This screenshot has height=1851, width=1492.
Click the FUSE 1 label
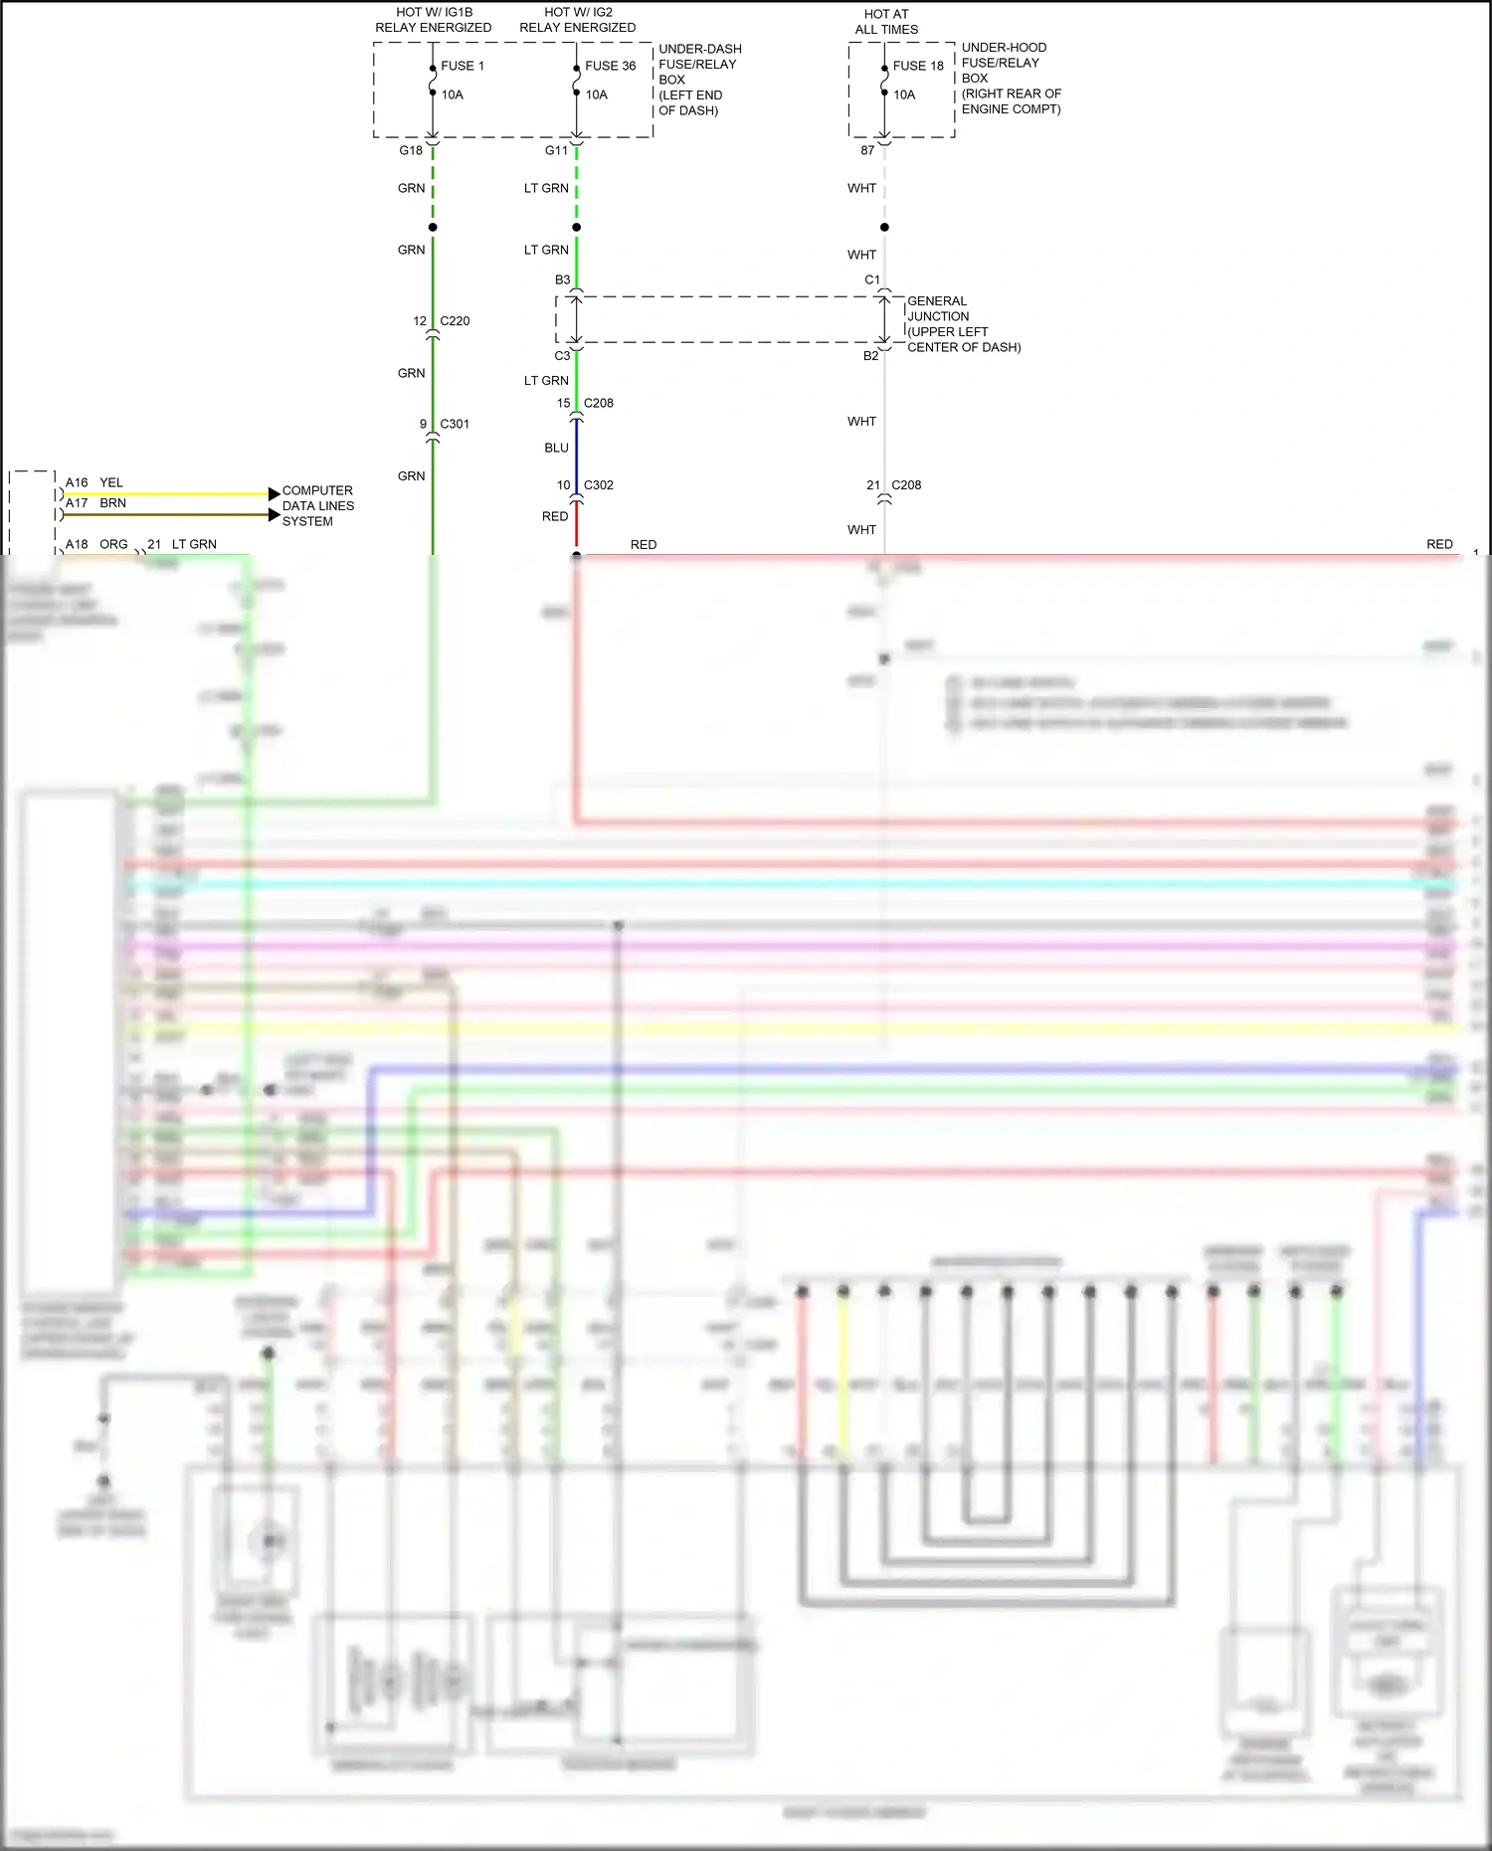(x=462, y=66)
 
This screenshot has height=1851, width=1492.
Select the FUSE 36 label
(x=610, y=66)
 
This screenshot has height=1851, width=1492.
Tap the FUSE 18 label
(x=918, y=66)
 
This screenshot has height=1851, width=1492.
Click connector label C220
(x=455, y=321)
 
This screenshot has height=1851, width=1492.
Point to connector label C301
(x=455, y=424)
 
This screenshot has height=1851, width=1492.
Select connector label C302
(x=599, y=485)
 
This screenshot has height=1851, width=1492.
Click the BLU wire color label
(x=556, y=448)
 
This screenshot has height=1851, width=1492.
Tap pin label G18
(x=411, y=150)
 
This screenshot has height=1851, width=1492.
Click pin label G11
(x=556, y=150)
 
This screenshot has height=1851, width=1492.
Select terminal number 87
(x=867, y=150)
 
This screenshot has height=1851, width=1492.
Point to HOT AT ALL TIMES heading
(x=886, y=22)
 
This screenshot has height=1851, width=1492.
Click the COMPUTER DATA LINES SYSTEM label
(x=317, y=505)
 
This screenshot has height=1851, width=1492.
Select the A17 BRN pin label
(x=95, y=503)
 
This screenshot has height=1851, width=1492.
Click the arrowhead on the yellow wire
(x=274, y=493)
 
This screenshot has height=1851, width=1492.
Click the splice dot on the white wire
(x=884, y=227)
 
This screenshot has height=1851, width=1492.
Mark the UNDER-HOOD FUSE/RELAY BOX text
(x=1010, y=78)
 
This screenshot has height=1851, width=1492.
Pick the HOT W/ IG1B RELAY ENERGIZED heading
(x=433, y=20)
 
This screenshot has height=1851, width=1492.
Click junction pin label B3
(x=562, y=279)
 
